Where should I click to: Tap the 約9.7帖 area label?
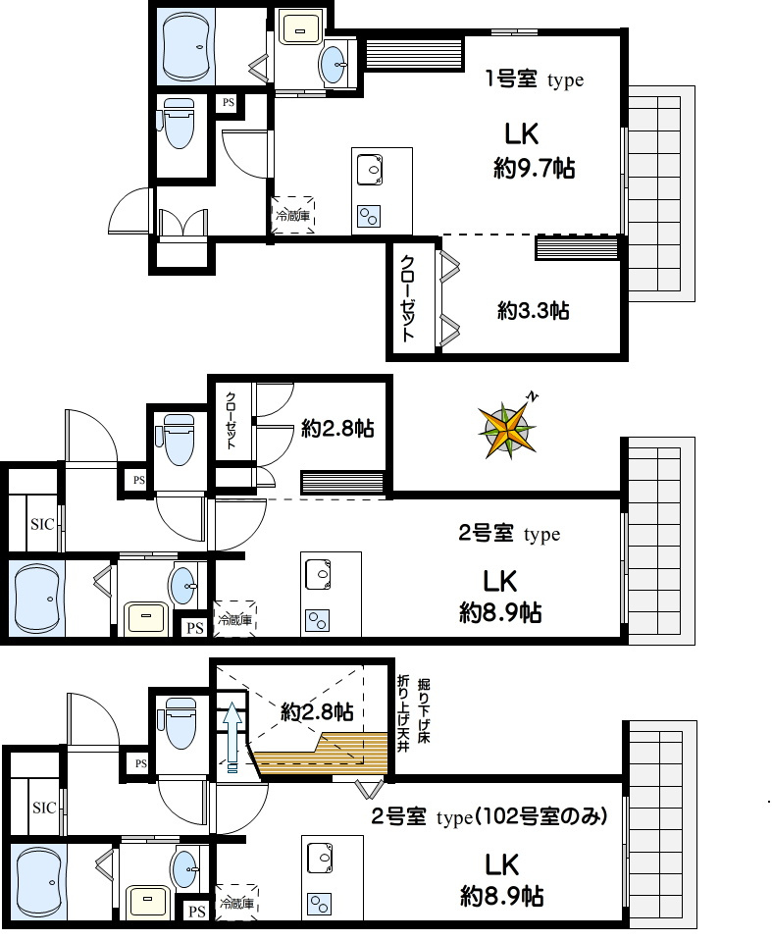(534, 169)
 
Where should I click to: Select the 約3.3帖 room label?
(533, 310)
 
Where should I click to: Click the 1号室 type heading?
(534, 79)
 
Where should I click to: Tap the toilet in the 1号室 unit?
(178, 123)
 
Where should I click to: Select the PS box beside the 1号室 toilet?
(229, 102)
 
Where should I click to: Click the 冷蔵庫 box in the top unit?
(293, 215)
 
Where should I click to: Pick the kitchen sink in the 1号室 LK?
(370, 170)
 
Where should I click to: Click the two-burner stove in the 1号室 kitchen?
(369, 217)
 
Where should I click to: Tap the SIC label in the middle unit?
(42, 525)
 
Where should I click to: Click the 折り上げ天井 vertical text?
(403, 712)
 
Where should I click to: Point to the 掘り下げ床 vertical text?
(424, 709)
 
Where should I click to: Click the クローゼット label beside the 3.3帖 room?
(407, 298)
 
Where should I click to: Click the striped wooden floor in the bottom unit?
(323, 753)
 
